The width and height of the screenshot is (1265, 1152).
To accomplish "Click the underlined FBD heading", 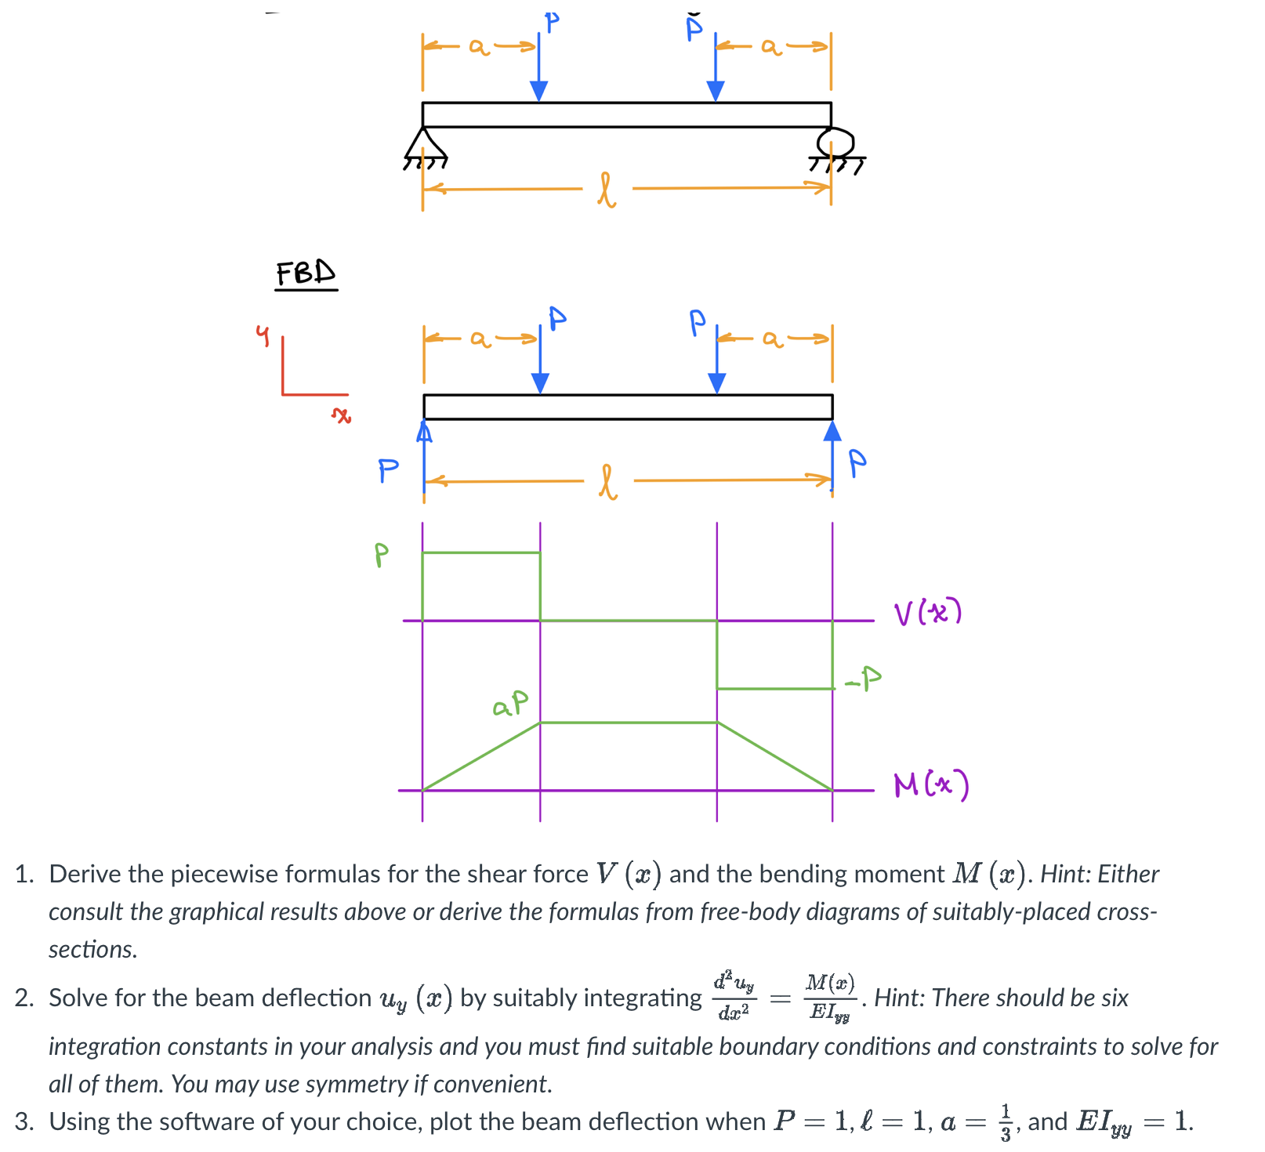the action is click(306, 274).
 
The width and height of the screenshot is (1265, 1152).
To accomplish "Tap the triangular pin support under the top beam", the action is click(424, 144).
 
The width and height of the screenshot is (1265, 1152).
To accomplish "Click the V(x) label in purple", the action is click(927, 613).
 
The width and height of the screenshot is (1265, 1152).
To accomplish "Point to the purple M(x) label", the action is click(931, 784).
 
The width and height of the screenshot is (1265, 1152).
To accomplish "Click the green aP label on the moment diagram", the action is click(510, 703).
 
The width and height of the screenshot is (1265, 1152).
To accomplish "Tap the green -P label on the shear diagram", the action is click(863, 679).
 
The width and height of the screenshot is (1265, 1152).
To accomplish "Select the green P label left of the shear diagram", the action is click(381, 555).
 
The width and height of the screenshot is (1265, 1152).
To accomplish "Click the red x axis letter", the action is click(341, 415).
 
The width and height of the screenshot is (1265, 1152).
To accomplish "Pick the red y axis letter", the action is click(263, 335).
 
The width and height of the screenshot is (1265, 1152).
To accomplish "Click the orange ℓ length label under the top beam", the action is click(607, 190).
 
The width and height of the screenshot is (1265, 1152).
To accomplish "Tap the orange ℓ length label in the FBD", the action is click(608, 482).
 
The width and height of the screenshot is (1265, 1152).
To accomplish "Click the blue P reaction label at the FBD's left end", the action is click(388, 470).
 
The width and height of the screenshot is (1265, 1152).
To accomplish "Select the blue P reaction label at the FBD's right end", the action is click(857, 463).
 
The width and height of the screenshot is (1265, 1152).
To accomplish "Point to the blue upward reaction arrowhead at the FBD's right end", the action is click(832, 431).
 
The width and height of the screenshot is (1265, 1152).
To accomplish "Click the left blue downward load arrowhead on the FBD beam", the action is click(540, 382).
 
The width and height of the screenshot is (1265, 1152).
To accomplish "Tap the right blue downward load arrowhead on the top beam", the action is click(716, 91).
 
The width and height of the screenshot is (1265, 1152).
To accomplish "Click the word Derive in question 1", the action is click(84, 874).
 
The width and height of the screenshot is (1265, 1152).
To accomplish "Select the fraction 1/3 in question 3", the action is click(1006, 1122).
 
